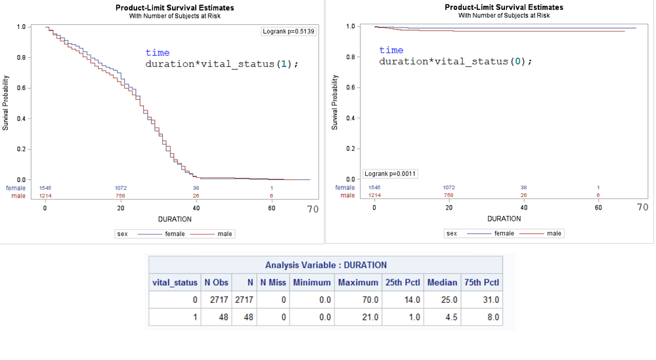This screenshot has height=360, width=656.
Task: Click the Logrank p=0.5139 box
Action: click(x=288, y=31)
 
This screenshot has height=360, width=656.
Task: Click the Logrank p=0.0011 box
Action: click(x=391, y=174)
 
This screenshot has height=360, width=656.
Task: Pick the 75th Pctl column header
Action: click(x=481, y=282)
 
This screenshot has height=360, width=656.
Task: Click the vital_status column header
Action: click(x=175, y=282)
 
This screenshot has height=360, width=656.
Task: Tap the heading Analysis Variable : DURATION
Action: click(x=326, y=265)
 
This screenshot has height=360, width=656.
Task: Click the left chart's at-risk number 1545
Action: click(x=45, y=188)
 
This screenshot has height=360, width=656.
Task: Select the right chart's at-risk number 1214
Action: click(x=374, y=195)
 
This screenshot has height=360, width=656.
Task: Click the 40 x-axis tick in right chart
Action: click(x=523, y=208)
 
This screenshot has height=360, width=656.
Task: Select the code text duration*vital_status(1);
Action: click(x=222, y=64)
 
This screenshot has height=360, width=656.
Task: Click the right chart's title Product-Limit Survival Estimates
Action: click(x=504, y=7)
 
